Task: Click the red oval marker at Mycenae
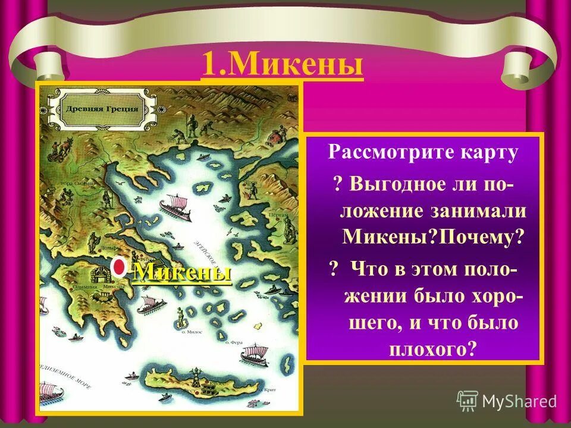120,268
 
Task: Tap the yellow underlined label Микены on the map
181,273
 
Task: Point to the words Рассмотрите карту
423,153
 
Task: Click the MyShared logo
506,401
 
